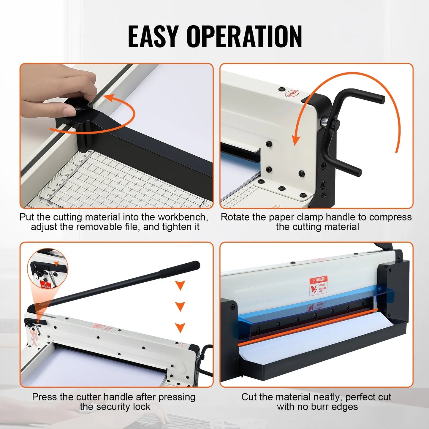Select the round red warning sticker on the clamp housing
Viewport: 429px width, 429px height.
[x=291, y=94]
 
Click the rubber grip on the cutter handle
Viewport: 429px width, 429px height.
[x=180, y=268]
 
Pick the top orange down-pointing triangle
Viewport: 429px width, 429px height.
[x=180, y=285]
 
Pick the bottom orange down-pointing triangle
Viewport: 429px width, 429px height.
[x=180, y=327]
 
